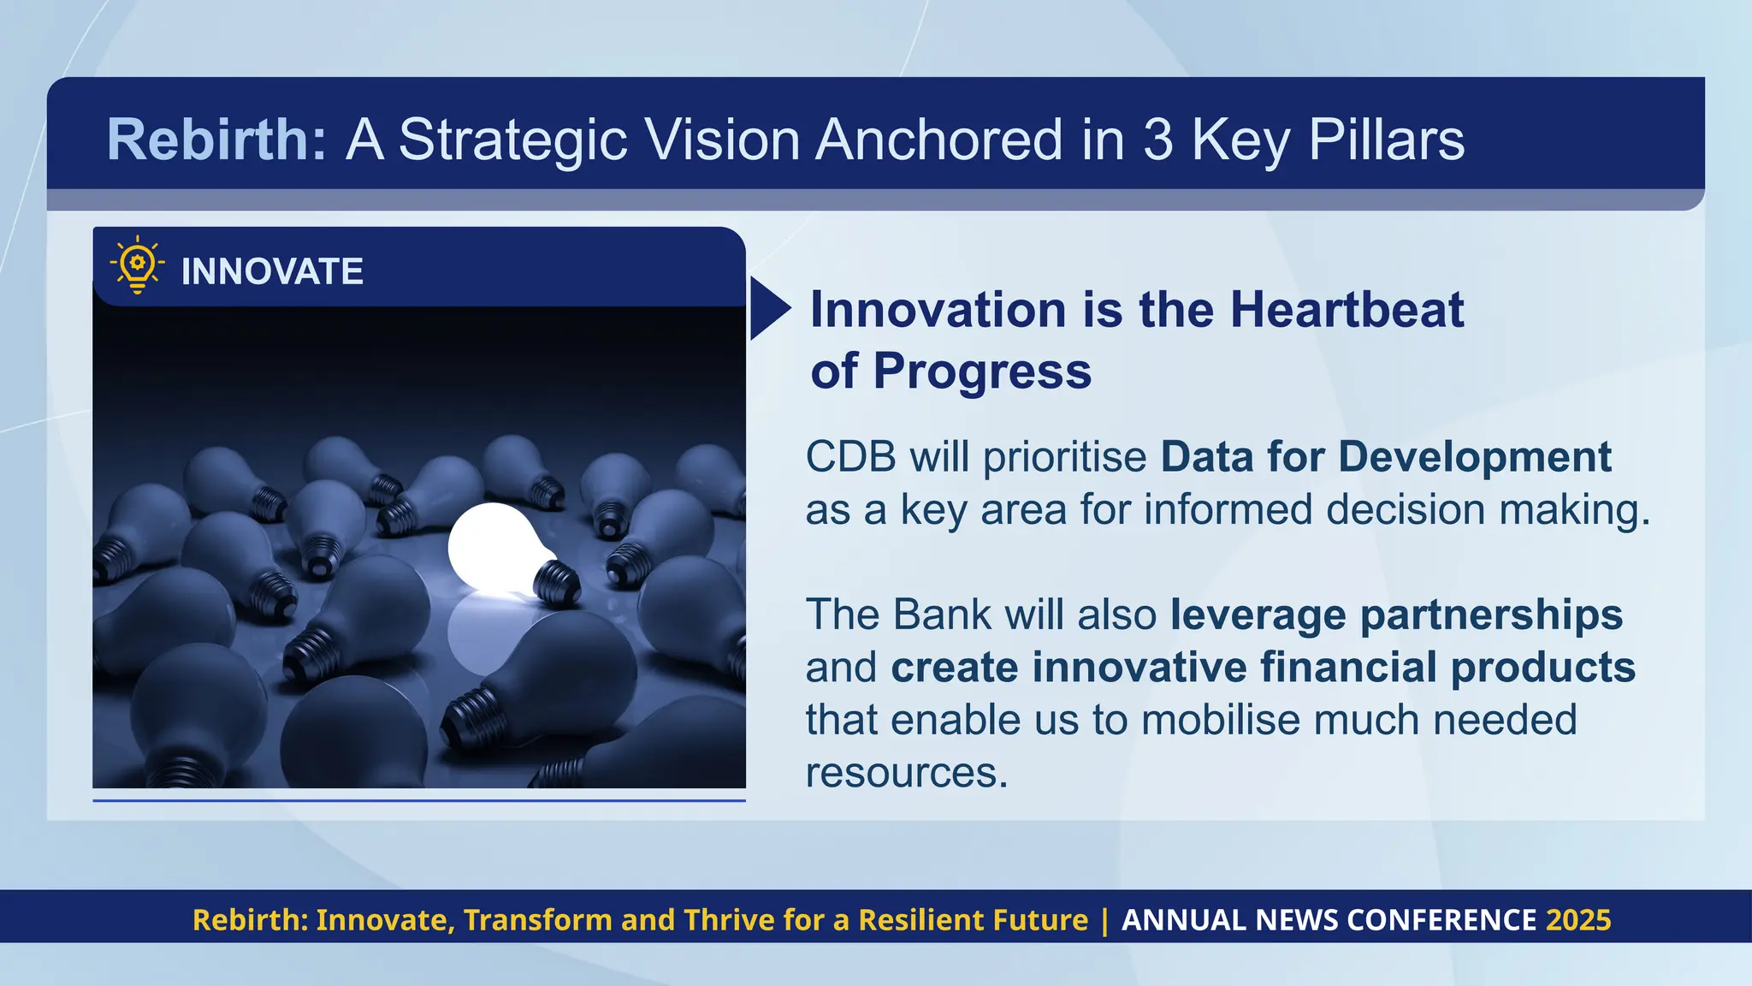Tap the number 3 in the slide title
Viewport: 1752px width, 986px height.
coord(1157,140)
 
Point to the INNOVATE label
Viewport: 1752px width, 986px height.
coord(272,272)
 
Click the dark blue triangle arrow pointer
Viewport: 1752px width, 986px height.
coord(767,309)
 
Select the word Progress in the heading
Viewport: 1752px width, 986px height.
coord(982,371)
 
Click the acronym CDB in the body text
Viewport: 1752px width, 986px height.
coord(850,457)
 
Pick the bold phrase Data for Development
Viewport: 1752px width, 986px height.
coord(1386,457)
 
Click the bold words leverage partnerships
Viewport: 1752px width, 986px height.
coord(1396,615)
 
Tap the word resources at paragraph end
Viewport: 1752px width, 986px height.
coord(905,772)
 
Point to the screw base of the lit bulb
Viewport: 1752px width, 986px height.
coord(557,584)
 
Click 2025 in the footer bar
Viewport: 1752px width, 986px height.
coord(1578,920)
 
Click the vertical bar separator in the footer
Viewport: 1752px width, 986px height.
coord(1104,920)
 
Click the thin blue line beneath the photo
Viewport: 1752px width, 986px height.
coord(419,800)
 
